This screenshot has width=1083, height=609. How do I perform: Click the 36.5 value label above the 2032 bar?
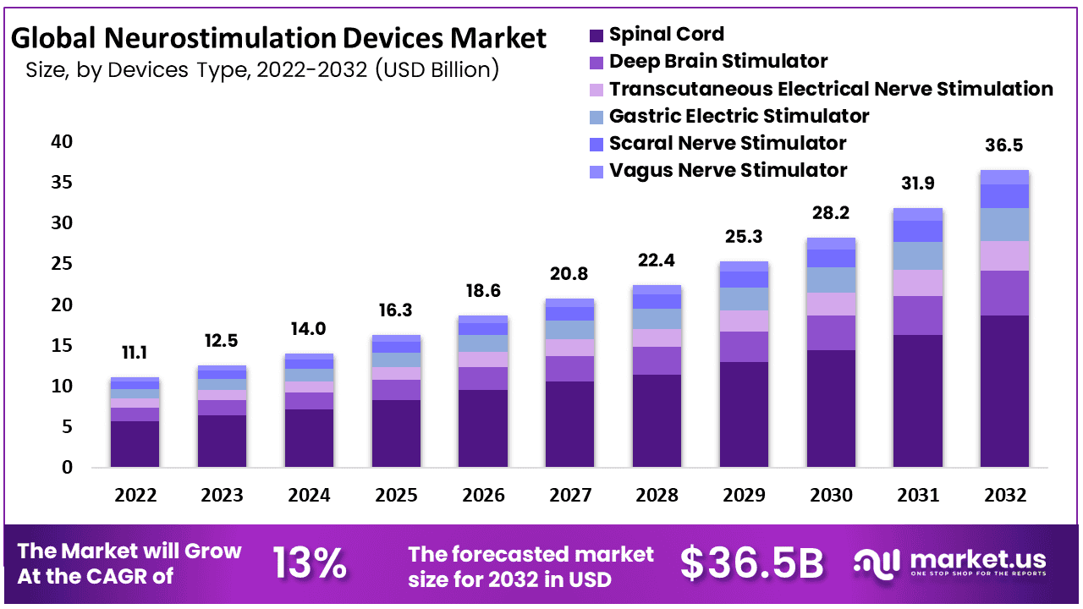[x=1004, y=145]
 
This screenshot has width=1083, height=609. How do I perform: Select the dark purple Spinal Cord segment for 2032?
[x=1004, y=391]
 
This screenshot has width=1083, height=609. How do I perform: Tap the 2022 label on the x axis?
[x=135, y=495]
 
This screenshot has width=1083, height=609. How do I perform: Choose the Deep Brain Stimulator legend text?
[x=718, y=61]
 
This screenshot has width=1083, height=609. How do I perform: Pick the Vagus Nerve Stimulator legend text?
[x=728, y=170]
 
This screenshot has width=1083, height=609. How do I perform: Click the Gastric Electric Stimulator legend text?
[x=739, y=116]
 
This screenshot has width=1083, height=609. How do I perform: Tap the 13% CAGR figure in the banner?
[x=309, y=563]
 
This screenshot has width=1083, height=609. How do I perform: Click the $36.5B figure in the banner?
[x=751, y=563]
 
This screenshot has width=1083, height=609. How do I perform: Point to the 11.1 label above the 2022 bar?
[x=135, y=353]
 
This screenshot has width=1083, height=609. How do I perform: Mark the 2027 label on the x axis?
[x=569, y=495]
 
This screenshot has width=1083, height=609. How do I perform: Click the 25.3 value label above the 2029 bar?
[x=744, y=237]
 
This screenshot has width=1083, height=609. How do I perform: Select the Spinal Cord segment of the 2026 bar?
[x=482, y=428]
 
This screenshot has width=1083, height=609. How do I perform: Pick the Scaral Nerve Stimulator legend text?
[x=728, y=143]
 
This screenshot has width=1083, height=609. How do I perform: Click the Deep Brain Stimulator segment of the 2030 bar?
[x=831, y=332]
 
